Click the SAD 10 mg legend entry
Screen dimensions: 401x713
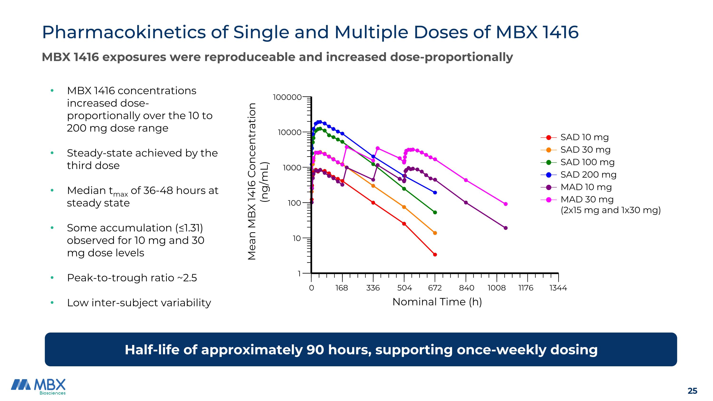point(584,137)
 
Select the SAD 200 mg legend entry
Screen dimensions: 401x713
point(588,175)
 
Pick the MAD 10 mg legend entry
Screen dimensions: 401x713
point(586,187)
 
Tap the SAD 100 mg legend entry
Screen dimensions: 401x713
point(587,162)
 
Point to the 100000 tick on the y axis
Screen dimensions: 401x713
point(287,97)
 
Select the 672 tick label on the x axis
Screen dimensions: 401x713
point(435,288)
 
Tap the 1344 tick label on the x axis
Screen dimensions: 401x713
point(558,288)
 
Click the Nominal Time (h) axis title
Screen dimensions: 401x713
point(437,302)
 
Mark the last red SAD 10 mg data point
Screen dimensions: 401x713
point(435,255)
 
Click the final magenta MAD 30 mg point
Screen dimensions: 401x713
point(506,204)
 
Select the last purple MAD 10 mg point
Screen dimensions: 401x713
point(506,228)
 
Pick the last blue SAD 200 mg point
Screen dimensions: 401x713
point(435,193)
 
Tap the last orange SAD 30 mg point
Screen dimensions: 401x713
point(435,233)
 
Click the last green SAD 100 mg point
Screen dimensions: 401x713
point(435,213)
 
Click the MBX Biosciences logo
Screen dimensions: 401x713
point(39,386)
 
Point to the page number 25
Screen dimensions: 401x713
point(692,391)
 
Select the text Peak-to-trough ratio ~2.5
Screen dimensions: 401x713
point(132,278)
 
